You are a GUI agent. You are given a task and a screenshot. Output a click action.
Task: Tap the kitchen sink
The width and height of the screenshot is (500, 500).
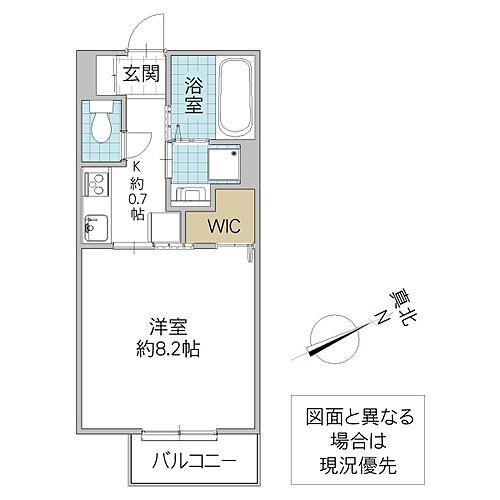coord(97,227)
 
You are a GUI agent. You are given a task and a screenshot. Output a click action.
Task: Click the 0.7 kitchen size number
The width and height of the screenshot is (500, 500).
coord(140,198)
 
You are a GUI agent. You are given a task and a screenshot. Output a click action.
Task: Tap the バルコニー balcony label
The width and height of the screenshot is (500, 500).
coord(195,461)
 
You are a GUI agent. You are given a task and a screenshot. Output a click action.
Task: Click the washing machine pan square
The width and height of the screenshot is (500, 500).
coord(223,161)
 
